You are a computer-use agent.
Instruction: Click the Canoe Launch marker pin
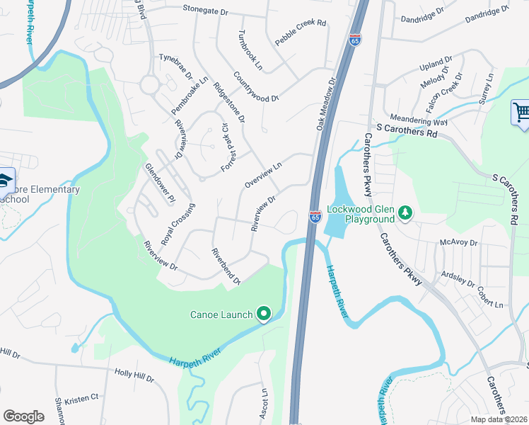pos(264,313)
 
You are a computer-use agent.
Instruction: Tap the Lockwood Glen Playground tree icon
pos(405,213)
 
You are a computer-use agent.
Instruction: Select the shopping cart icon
pos(521,112)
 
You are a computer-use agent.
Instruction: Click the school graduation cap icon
pos(4,179)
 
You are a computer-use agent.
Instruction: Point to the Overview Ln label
pos(262,174)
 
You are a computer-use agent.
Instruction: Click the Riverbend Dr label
pos(226,266)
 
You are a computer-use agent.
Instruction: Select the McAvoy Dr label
pos(459,242)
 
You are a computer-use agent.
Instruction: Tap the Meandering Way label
pos(419,122)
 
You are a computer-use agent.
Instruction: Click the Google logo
pos(23,416)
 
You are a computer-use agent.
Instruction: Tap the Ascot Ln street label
pos(264,403)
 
